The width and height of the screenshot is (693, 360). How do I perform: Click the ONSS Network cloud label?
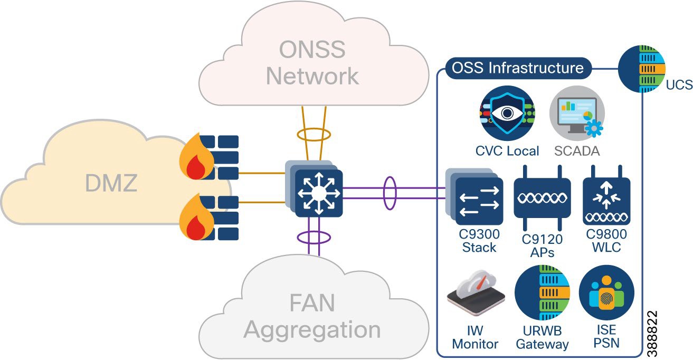tap(312, 63)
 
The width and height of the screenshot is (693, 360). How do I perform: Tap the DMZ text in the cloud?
tap(111, 183)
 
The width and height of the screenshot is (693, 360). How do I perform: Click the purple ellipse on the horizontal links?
tap(389, 193)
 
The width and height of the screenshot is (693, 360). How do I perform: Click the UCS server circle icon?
tap(641, 69)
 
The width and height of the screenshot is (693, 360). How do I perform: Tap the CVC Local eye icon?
tap(507, 113)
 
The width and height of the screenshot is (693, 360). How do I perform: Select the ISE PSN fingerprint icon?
tap(606, 292)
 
